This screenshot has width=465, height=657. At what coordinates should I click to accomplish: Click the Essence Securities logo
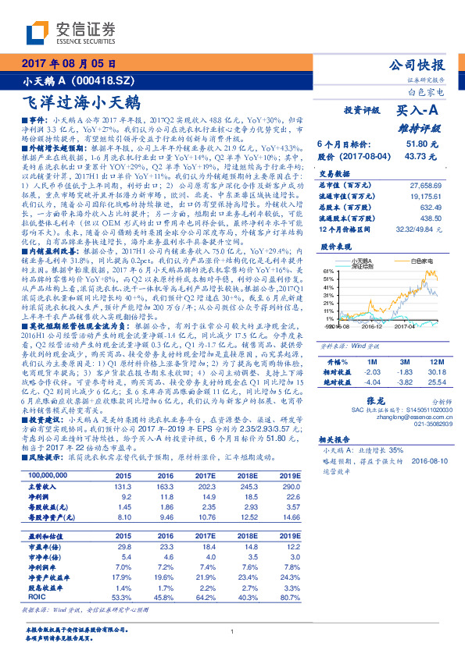click(x=59, y=33)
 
